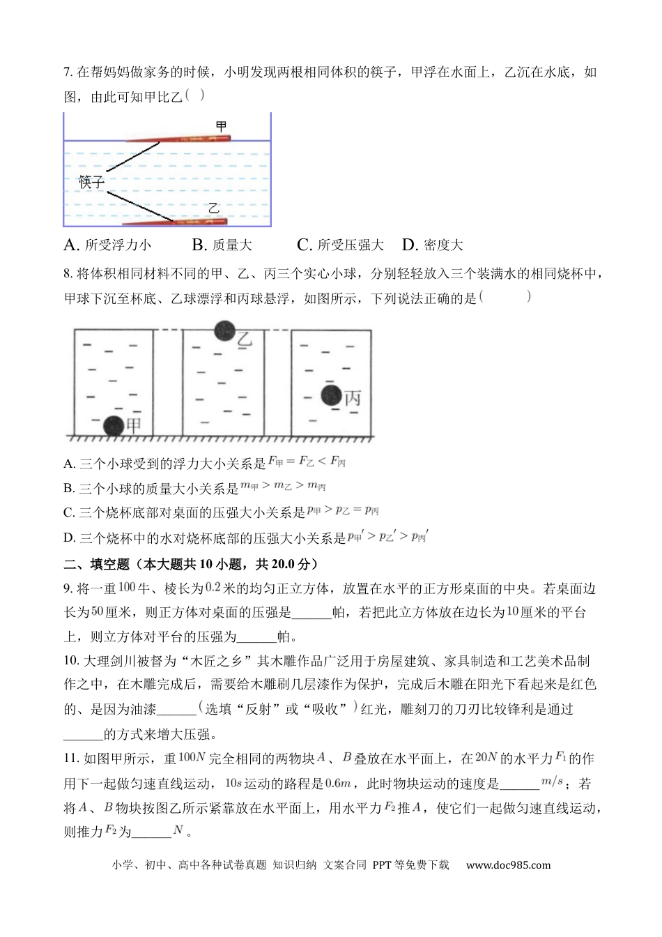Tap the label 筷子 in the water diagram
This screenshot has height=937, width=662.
click(x=91, y=182)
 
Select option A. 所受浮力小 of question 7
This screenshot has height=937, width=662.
click(x=107, y=245)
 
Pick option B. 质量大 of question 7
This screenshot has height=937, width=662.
click(x=222, y=245)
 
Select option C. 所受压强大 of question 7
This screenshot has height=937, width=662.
click(x=340, y=245)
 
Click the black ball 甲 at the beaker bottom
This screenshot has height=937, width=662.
click(x=113, y=426)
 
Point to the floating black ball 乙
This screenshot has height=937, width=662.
click(x=224, y=332)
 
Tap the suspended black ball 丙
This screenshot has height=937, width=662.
click(x=332, y=396)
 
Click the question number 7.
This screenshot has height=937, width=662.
click(x=67, y=73)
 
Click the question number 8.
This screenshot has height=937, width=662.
click(x=67, y=274)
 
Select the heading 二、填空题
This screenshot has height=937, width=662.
click(x=96, y=564)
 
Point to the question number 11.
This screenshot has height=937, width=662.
click(x=70, y=759)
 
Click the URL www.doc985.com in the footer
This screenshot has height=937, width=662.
click(x=508, y=865)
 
